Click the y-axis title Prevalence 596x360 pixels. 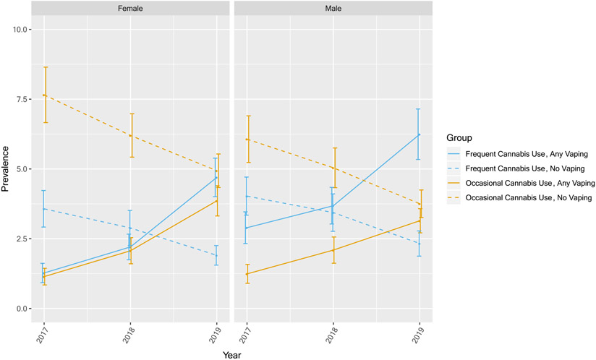(7, 168)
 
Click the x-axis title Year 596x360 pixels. (231, 354)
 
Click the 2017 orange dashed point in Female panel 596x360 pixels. (44, 95)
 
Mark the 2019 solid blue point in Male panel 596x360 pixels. (419, 134)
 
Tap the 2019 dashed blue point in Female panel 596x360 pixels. (216, 255)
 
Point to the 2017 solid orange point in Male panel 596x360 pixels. (247, 274)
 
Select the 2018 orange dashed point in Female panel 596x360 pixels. (130, 136)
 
